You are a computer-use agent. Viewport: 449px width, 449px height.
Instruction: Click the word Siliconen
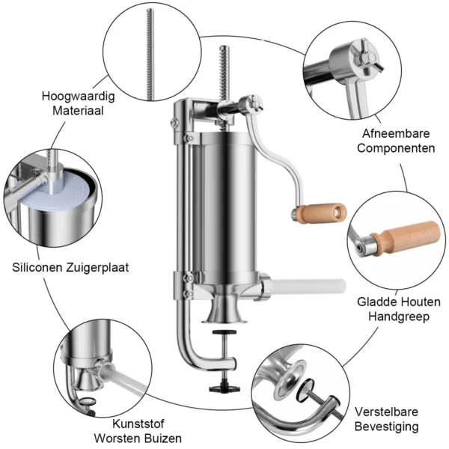[x=37, y=265]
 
